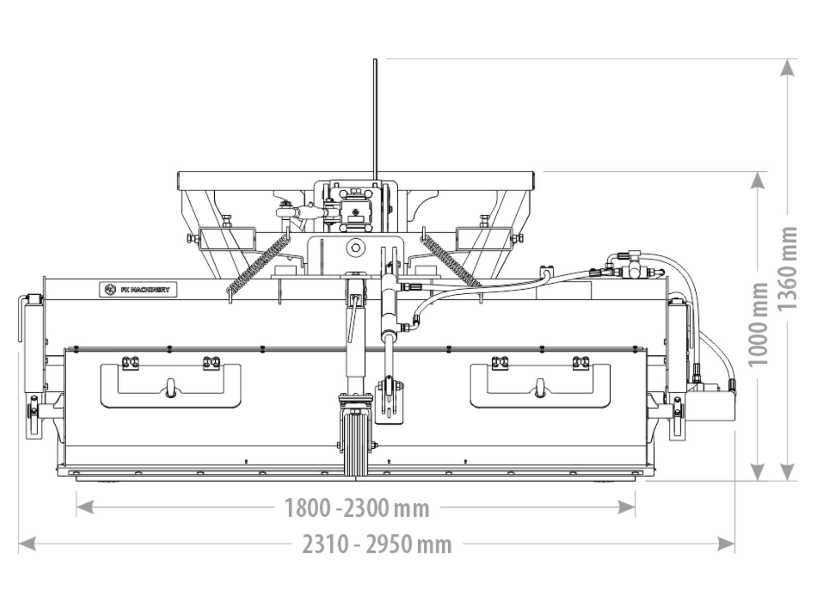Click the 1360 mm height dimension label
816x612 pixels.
pyautogui.click(x=787, y=268)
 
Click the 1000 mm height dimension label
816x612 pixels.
pyautogui.click(x=758, y=324)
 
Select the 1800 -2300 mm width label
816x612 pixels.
pyautogui.click(x=356, y=508)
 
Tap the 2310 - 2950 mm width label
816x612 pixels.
pyautogui.click(x=377, y=545)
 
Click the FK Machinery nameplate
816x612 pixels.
pyautogui.click(x=138, y=290)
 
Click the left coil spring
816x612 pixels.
pyautogui.click(x=259, y=265)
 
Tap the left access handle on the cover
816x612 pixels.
pyautogui.click(x=171, y=386)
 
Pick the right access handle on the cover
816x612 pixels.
pyautogui.click(x=540, y=386)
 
